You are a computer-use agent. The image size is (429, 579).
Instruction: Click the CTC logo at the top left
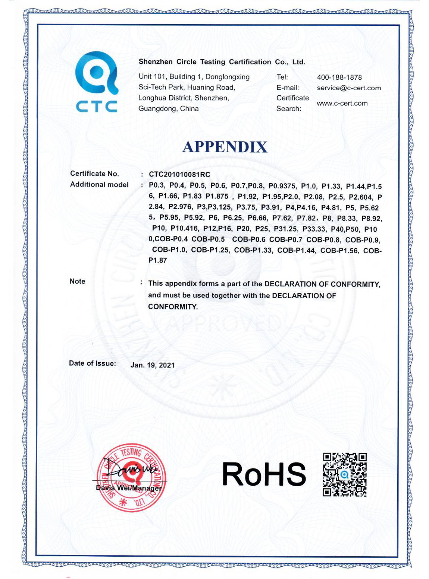coord(97,82)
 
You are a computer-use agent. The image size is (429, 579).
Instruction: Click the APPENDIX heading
coord(225,147)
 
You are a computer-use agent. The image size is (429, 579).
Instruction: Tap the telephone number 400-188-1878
coord(339,77)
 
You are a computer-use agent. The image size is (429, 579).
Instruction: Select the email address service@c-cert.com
coord(349,88)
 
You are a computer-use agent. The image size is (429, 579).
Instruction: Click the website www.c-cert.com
coord(342,103)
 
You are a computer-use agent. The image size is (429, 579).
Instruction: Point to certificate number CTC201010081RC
coord(179,174)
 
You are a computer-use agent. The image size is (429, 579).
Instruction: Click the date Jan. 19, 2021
coord(152,365)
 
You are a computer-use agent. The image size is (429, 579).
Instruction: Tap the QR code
coord(345,474)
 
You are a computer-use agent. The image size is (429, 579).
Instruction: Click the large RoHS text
coord(264,474)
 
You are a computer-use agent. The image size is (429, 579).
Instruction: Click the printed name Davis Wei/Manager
coord(129,488)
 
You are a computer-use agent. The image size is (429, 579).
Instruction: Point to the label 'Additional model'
coord(99,185)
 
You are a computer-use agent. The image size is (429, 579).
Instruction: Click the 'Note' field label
coord(77,281)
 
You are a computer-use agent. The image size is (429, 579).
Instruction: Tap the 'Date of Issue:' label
coord(92,363)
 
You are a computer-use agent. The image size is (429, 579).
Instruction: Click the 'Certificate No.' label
coord(94,174)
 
